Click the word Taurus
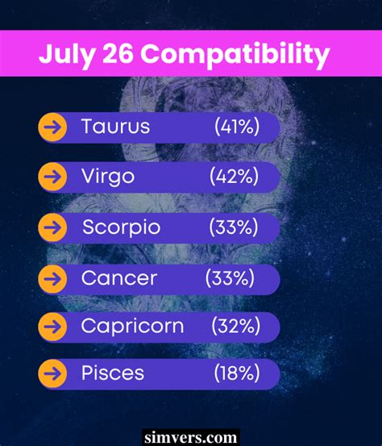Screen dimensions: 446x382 [115, 126]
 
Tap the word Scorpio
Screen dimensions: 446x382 [121, 227]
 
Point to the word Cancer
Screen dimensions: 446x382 [119, 278]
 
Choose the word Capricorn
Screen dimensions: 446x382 [132, 326]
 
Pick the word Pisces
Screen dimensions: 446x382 [113, 373]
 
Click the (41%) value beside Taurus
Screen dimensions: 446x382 [237, 126]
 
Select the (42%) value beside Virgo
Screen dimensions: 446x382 [234, 176]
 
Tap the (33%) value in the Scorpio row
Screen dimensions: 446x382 [234, 227]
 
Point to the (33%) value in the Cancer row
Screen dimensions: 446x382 [230, 278]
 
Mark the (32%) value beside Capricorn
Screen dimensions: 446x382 [235, 326]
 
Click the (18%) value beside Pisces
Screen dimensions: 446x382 [237, 373]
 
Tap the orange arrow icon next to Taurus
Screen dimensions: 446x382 [52, 127]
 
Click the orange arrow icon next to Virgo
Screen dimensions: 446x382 [52, 177]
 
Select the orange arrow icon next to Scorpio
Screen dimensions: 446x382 [52, 228]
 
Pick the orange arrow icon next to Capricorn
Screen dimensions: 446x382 [52, 327]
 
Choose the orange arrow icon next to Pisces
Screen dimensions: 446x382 [52, 374]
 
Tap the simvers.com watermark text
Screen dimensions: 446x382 [190, 437]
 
